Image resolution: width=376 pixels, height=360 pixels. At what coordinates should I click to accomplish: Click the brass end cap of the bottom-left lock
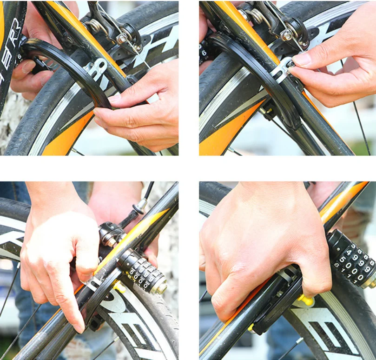coord(161,287)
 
